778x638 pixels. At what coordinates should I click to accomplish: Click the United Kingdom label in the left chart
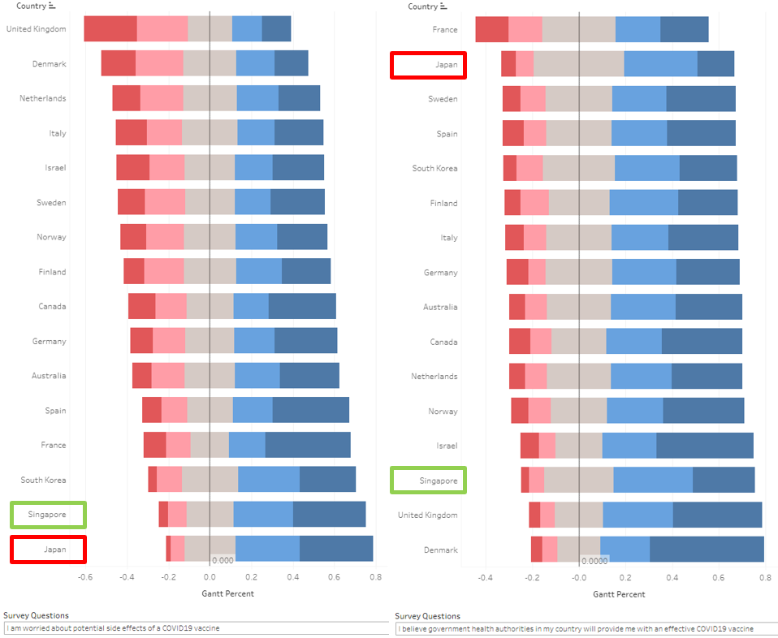(x=36, y=29)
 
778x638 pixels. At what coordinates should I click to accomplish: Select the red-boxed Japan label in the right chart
(x=446, y=65)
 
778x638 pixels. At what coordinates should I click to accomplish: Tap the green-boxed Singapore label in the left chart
(x=46, y=515)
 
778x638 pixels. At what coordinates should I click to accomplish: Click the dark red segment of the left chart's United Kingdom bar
(x=110, y=28)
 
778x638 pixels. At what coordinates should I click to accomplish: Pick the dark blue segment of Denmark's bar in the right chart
(x=707, y=550)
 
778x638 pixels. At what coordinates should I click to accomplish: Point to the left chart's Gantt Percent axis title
(x=227, y=593)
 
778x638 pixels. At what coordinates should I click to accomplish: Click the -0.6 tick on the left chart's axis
(x=85, y=577)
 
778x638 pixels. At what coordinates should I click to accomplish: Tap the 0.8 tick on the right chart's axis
(x=766, y=578)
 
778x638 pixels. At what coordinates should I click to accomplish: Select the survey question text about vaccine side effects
(x=113, y=628)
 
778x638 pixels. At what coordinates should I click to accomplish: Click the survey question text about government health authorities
(x=576, y=628)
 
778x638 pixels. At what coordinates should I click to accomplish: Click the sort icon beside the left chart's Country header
(x=52, y=6)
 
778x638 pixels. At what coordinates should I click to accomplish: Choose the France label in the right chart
(x=445, y=30)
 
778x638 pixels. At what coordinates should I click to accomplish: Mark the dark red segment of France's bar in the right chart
(x=491, y=29)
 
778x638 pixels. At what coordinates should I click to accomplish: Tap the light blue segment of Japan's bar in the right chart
(x=660, y=63)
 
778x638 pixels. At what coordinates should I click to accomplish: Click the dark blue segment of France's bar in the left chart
(x=308, y=445)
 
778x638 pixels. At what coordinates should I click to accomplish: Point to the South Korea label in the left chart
(x=43, y=481)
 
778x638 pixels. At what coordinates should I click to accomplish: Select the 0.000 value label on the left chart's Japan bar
(x=223, y=560)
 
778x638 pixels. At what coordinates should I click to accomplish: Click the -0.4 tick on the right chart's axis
(x=485, y=578)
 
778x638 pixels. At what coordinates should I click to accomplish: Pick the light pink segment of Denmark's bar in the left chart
(x=159, y=63)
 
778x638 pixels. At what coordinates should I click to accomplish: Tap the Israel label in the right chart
(x=446, y=446)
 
